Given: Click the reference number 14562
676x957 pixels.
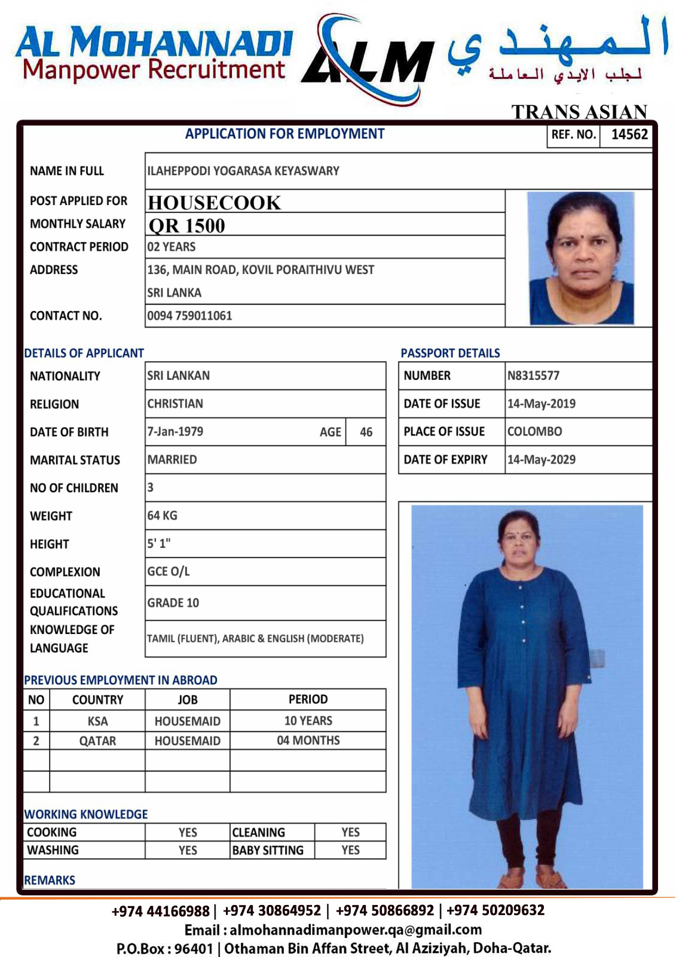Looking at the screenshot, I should coord(629,135).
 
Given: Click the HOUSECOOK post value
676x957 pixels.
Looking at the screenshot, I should coord(214,203).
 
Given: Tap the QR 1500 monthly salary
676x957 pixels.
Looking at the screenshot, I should coord(186,225).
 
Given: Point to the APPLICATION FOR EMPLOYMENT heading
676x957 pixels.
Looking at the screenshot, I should coord(285,134).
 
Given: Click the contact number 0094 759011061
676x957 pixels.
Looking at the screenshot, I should coord(189,316).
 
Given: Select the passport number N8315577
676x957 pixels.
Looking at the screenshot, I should coord(533,376).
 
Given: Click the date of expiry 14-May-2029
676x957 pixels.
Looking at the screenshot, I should coord(541,459).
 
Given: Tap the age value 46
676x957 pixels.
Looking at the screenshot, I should coord(366,432).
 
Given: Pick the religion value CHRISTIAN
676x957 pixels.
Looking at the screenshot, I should coord(175,404).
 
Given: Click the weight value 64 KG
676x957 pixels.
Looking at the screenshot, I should coord(162,516).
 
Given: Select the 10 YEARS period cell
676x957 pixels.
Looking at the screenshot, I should coord(308,721).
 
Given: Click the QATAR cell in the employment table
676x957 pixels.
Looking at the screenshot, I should coord(97,741).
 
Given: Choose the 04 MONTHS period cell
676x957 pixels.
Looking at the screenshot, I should coord(308,740).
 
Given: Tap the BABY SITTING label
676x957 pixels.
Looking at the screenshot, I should coord(268,851).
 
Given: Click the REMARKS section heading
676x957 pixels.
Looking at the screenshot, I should coord(50,880).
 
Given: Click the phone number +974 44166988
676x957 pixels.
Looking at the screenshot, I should coord(160,911).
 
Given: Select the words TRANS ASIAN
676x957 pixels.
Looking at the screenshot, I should coord(579,112).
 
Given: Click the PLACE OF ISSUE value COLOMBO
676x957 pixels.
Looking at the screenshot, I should coord(534,431).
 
